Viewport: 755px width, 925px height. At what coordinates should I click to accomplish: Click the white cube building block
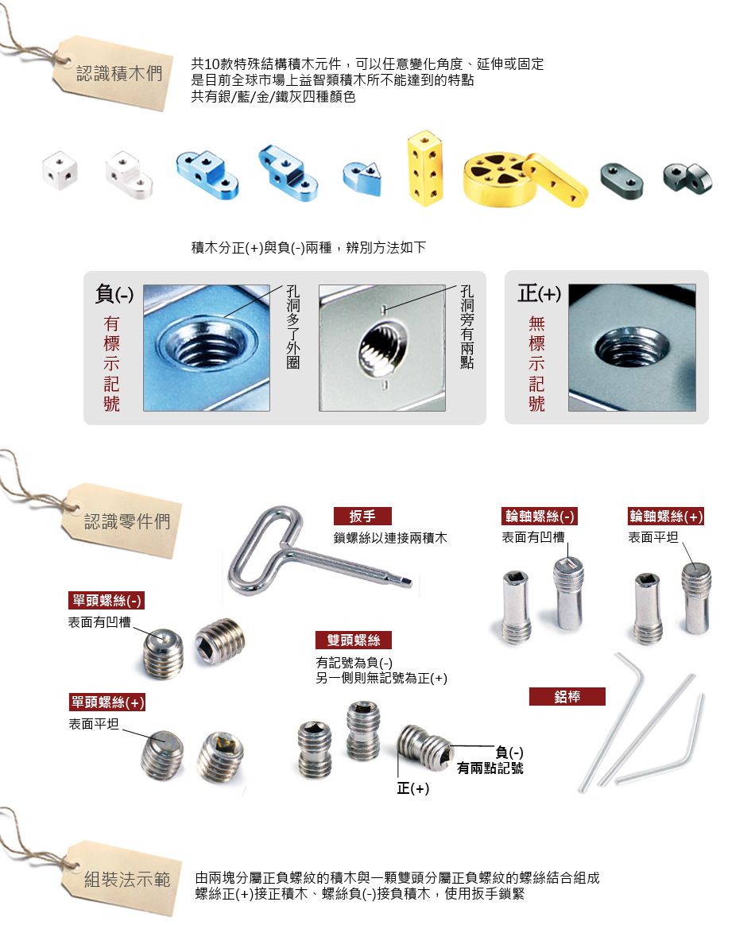click(60, 171)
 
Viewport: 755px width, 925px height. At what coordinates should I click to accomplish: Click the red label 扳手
click(362, 517)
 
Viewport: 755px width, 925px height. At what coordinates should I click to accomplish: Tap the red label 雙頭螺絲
click(354, 640)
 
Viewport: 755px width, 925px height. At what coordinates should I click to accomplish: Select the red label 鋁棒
click(567, 697)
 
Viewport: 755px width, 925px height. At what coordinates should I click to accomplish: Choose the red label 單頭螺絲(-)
click(106, 601)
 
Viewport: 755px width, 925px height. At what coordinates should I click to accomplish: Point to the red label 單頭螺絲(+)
click(106, 702)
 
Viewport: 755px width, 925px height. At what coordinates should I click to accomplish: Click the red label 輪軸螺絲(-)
click(539, 517)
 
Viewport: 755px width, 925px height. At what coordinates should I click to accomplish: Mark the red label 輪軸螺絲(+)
click(666, 517)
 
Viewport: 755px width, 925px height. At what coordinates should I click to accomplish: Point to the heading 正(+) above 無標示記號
click(539, 293)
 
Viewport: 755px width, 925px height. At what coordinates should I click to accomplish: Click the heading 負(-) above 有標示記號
click(114, 293)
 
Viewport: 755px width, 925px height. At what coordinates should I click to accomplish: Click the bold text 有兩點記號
click(490, 768)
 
